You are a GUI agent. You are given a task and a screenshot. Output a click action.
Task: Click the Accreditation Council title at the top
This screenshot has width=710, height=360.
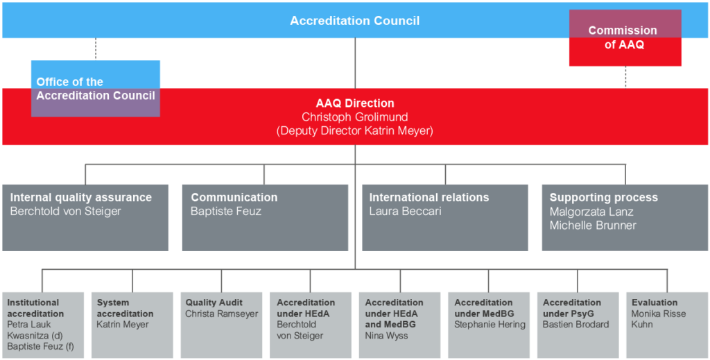pos(354,21)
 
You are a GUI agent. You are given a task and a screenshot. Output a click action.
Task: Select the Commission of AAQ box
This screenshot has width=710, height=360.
pos(625,38)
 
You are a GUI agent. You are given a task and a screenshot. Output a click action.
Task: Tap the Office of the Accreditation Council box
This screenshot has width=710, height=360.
pos(96,89)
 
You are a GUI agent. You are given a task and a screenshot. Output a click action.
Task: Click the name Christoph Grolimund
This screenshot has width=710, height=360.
pos(354,117)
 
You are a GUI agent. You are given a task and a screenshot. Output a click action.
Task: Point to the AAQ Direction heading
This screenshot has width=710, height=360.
pos(354,103)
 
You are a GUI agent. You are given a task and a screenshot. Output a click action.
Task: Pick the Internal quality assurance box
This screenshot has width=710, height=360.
pos(85,217)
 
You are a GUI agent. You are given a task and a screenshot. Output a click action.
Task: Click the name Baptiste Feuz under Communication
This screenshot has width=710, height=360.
pos(226,212)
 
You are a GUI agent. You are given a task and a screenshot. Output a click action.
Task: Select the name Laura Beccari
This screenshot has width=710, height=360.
pos(406,212)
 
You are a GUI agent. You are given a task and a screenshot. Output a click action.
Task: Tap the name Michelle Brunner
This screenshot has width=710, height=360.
pos(593,225)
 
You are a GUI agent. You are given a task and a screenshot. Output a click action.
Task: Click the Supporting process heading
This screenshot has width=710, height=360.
pos(604,198)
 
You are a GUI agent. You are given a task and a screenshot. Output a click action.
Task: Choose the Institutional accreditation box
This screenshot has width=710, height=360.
pos(42,325)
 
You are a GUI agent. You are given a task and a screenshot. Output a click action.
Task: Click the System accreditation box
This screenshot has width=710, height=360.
pos(132,325)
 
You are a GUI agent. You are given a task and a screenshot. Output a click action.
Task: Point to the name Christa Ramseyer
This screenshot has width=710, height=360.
pos(222,314)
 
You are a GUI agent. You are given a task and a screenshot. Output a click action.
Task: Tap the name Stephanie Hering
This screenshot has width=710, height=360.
pos(490,325)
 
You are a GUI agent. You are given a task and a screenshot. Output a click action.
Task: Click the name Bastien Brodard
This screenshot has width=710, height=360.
pos(576,325)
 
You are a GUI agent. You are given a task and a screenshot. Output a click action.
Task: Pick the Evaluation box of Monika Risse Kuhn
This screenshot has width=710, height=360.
pos(667,325)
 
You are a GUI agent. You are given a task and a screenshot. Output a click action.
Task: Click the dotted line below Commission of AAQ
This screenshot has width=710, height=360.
pos(625,76)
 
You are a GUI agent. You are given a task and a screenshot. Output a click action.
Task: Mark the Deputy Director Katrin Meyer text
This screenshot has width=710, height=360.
pos(354,130)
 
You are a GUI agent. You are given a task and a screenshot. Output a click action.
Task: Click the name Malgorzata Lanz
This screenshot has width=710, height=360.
pos(591,212)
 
